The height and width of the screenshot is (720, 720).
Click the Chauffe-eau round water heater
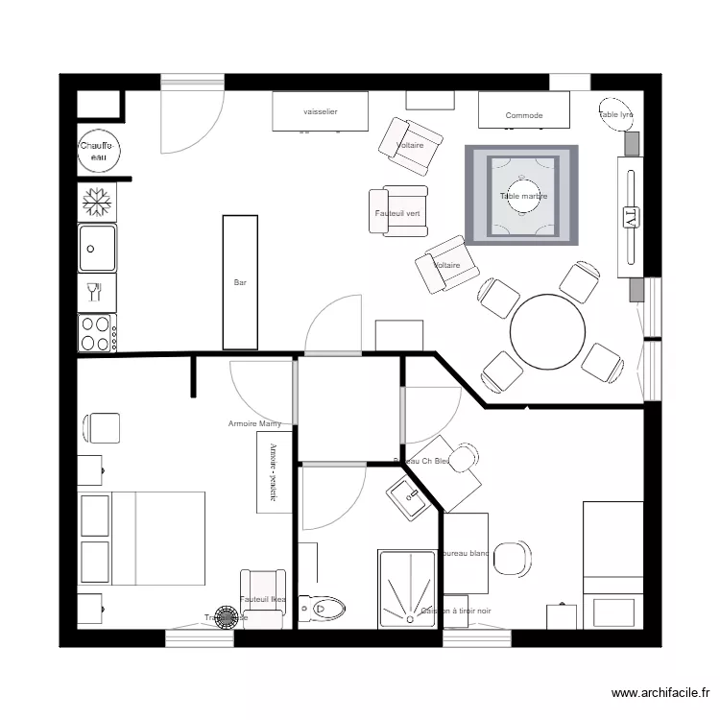pyautogui.click(x=97, y=150)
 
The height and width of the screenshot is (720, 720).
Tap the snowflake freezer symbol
pyautogui.click(x=96, y=201)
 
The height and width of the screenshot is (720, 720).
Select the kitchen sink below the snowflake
pyautogui.click(x=97, y=248)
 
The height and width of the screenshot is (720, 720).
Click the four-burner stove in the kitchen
pyautogui.click(x=96, y=333)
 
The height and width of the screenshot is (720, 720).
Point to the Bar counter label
pyautogui.click(x=240, y=283)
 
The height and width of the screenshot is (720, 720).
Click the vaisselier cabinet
pyautogui.click(x=321, y=111)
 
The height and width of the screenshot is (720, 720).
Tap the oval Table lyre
pyautogui.click(x=616, y=113)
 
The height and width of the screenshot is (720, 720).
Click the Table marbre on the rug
pyautogui.click(x=523, y=196)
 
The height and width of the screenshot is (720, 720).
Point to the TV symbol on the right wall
pyautogui.click(x=631, y=216)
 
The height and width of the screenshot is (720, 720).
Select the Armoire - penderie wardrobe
pyautogui.click(x=275, y=471)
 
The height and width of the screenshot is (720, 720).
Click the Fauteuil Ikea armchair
pyautogui.click(x=263, y=599)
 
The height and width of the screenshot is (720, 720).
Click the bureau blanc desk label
pyautogui.click(x=466, y=554)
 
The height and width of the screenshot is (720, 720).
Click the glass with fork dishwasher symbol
pyautogui.click(x=96, y=291)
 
